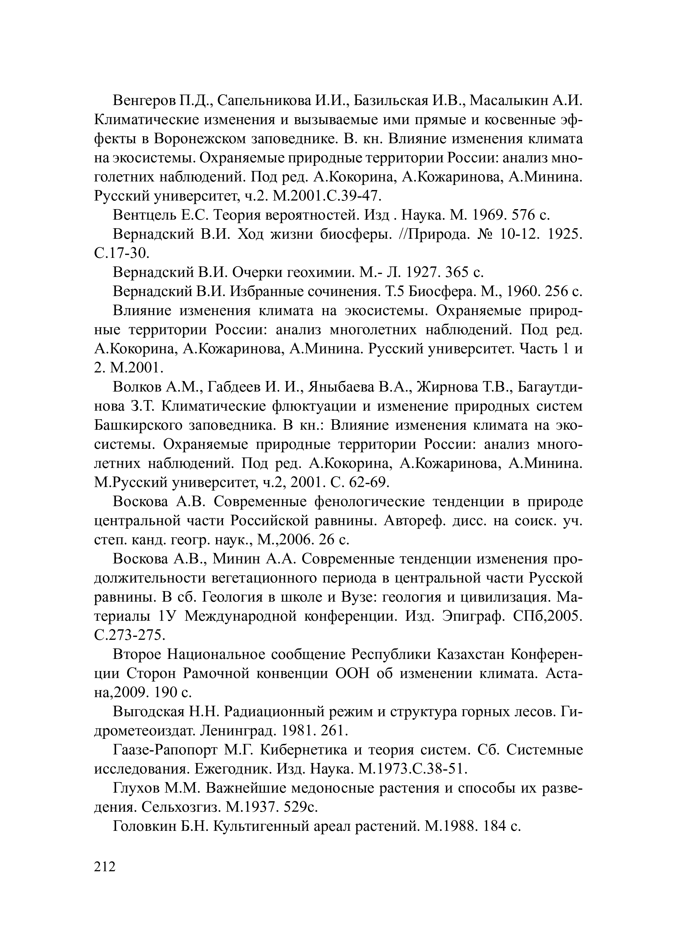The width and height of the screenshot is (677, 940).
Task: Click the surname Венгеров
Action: coord(144,100)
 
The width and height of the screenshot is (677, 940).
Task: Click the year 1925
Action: coord(565,235)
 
